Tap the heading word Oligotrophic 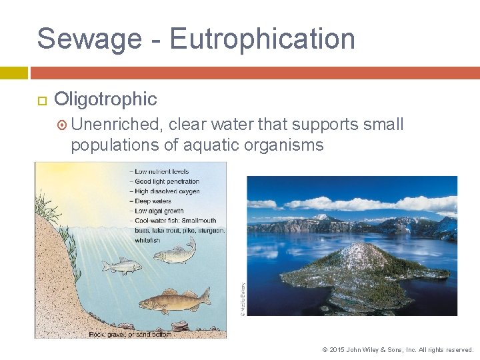105,99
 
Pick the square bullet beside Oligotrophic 41,100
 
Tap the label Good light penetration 167,181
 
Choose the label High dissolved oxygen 167,191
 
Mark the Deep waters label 153,201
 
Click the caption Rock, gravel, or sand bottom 130,333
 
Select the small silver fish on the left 121,266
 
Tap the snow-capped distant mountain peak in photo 323,217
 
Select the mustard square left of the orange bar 13,72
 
